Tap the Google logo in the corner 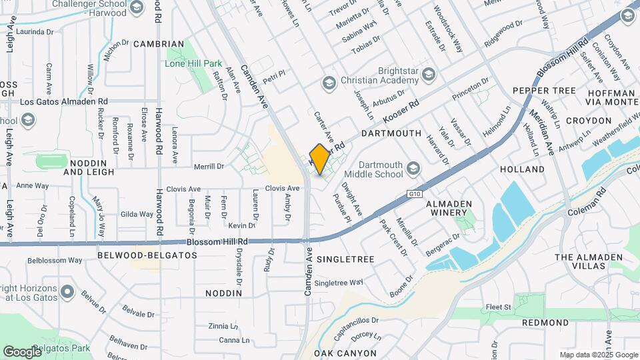[22, 351]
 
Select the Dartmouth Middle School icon [413, 167]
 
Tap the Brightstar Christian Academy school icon [327, 83]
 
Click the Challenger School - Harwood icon [137, 7]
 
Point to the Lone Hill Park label [193, 63]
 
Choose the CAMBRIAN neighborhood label [158, 44]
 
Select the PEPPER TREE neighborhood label [544, 90]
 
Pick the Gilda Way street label [137, 214]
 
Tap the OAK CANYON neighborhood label [345, 353]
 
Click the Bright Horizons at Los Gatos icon [67, 292]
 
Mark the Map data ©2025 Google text [598, 355]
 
